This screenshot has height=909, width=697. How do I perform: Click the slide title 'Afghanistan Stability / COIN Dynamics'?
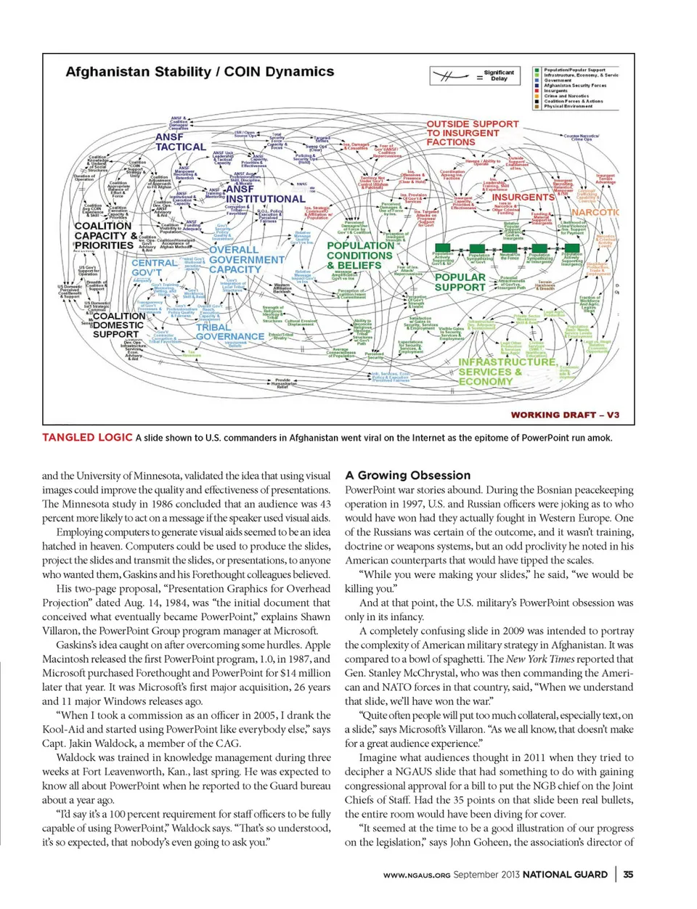point(200,72)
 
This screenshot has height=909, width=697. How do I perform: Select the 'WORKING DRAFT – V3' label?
point(565,415)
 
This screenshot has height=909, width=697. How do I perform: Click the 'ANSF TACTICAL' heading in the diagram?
point(180,142)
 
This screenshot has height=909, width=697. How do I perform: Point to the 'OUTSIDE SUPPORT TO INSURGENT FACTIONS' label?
point(472,133)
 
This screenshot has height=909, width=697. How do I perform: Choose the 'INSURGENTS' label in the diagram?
point(523,197)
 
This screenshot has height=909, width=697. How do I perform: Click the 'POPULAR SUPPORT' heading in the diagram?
point(460,282)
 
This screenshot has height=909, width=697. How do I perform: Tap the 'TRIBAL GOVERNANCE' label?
point(229,332)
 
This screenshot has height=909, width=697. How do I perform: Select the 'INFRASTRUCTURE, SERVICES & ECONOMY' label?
point(506,371)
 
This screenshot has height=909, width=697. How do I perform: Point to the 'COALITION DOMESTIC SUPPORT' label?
point(118,325)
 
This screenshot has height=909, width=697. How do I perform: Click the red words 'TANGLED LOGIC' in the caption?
point(87,437)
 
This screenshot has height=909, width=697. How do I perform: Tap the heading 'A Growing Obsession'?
point(407,476)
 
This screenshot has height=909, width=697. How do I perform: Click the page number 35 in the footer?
point(628,874)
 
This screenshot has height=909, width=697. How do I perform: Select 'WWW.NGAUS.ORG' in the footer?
point(417,875)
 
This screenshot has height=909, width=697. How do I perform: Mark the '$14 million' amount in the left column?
point(300,673)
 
